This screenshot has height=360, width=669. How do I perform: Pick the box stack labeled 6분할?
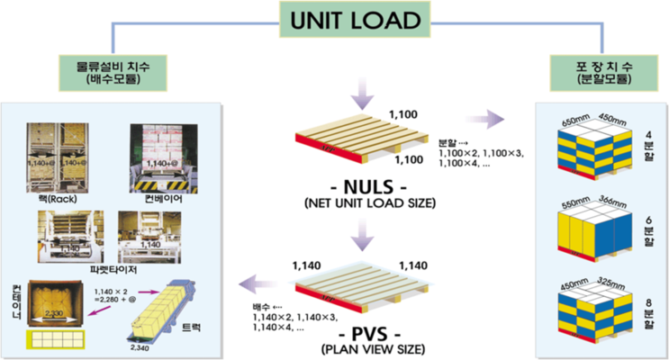[x=597, y=234]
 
